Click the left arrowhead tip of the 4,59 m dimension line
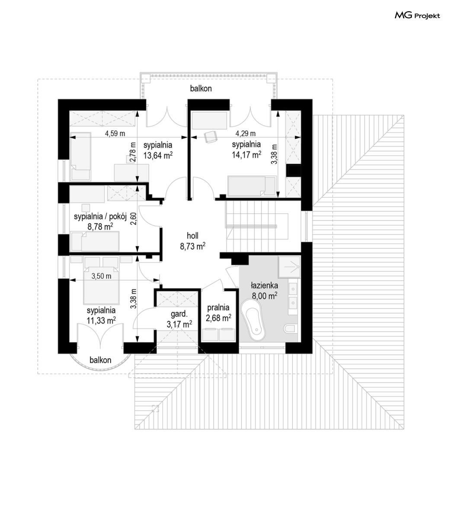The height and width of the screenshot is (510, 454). [x=70, y=137]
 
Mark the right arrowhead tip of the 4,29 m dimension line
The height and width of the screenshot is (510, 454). [x=300, y=137]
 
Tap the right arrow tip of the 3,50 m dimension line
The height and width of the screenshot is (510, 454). [x=160, y=280]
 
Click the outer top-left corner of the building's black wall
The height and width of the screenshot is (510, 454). [x=58, y=99]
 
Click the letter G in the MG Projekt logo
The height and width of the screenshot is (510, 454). [x=408, y=15]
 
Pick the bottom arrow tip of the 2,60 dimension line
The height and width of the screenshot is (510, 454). [x=137, y=252]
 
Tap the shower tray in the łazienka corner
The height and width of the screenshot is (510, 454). [x=289, y=267]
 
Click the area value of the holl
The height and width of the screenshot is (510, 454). [x=193, y=246]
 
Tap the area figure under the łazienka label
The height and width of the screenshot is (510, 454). [x=265, y=296]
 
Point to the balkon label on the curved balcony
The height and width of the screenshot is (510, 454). [x=101, y=360]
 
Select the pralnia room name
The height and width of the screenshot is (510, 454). [x=218, y=307]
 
